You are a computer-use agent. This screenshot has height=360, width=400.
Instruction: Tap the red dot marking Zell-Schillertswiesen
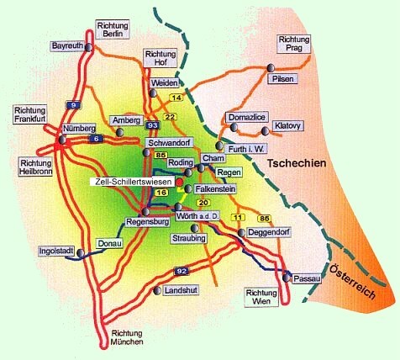[178, 182]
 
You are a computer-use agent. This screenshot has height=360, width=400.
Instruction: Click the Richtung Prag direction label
[293, 44]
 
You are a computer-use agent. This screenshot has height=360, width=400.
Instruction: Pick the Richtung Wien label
[261, 297]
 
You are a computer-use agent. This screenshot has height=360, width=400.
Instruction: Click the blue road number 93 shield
[152, 125]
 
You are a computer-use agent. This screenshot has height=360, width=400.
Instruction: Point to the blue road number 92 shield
[181, 272]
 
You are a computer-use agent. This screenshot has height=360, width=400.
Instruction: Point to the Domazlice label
[245, 117]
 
